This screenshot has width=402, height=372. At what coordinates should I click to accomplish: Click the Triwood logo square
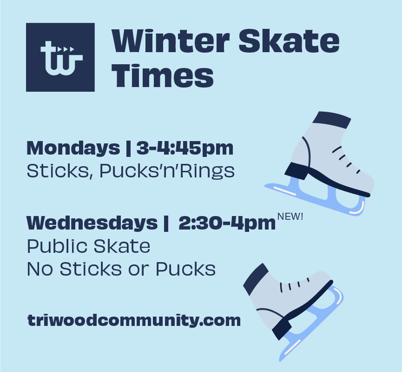coord(60,57)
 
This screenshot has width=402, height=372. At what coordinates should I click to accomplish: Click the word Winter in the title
coord(170,41)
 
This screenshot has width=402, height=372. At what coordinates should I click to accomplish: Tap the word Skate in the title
coord(289,41)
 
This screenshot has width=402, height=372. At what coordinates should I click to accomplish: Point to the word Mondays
coord(73,148)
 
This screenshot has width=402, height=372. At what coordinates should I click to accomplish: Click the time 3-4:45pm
coord(185,148)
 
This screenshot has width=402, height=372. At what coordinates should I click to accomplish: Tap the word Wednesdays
coord(92,223)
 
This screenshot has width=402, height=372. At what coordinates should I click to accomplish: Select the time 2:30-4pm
coord(227,223)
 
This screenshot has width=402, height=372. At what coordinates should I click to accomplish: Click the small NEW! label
coord(290,216)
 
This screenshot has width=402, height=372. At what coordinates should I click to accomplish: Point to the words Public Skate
coord(88,246)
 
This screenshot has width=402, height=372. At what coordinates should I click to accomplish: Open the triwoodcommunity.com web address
coord(134,320)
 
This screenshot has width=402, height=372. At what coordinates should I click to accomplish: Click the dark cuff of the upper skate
coord(331,120)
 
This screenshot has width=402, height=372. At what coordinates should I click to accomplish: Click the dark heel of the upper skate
coord(296,171)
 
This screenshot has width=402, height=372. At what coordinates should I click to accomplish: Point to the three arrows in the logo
coord(68,48)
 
